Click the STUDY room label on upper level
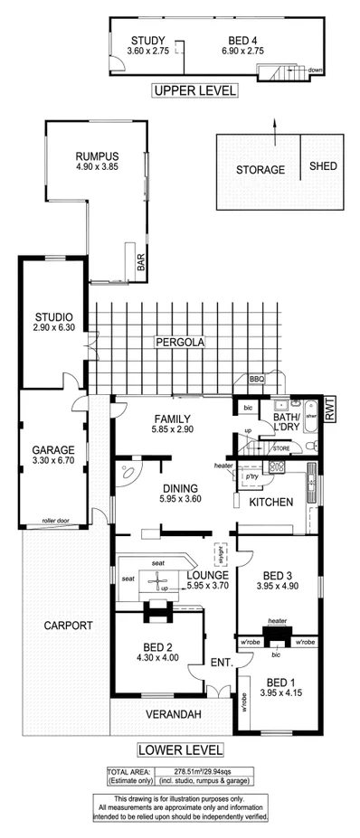click(x=147, y=41)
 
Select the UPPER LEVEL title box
click(x=194, y=90)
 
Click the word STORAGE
click(x=261, y=170)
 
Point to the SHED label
click(x=323, y=167)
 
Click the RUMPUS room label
click(x=97, y=156)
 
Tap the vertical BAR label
click(x=140, y=263)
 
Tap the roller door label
click(x=56, y=521)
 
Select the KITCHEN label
click(x=271, y=502)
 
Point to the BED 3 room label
click(x=278, y=575)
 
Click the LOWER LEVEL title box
click(x=180, y=749)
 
